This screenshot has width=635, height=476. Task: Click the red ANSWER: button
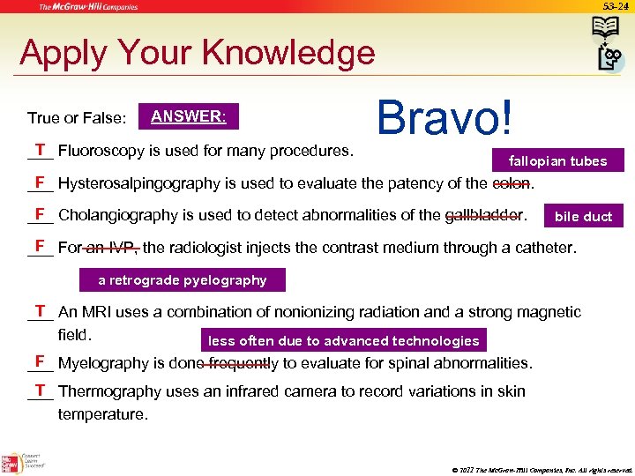pyautogui.click(x=188, y=116)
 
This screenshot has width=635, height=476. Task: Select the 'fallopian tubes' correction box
pyautogui.click(x=557, y=160)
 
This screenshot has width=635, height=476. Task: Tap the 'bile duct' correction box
pyautogui.click(x=583, y=216)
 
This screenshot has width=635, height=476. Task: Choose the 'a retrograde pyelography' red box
pyautogui.click(x=183, y=280)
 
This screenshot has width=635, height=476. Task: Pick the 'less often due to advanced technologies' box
pyautogui.click(x=343, y=340)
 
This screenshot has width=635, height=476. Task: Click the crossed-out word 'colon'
pyautogui.click(x=512, y=183)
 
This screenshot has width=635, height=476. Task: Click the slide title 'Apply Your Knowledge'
pyautogui.click(x=197, y=53)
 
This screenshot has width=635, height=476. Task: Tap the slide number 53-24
pyautogui.click(x=615, y=6)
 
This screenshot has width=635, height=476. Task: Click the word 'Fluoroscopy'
pyautogui.click(x=100, y=151)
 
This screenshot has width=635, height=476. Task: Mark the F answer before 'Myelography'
pyautogui.click(x=40, y=361)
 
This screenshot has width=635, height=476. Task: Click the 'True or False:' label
pyautogui.click(x=77, y=117)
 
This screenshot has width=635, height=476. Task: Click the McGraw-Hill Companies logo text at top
pyautogui.click(x=87, y=7)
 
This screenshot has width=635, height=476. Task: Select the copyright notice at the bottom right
pyautogui.click(x=541, y=469)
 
